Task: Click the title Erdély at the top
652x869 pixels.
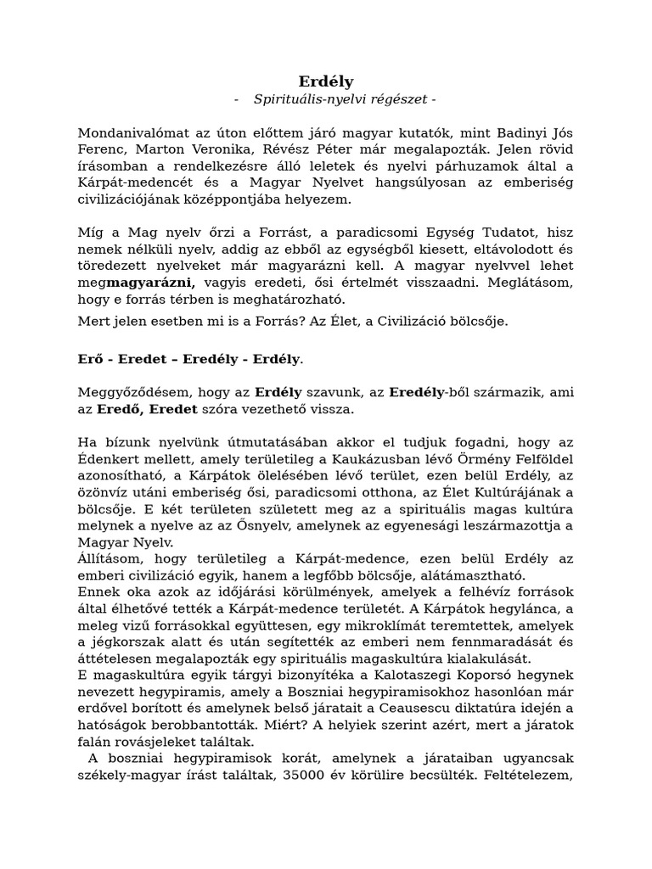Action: point(326,81)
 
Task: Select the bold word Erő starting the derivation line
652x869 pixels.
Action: point(90,359)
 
